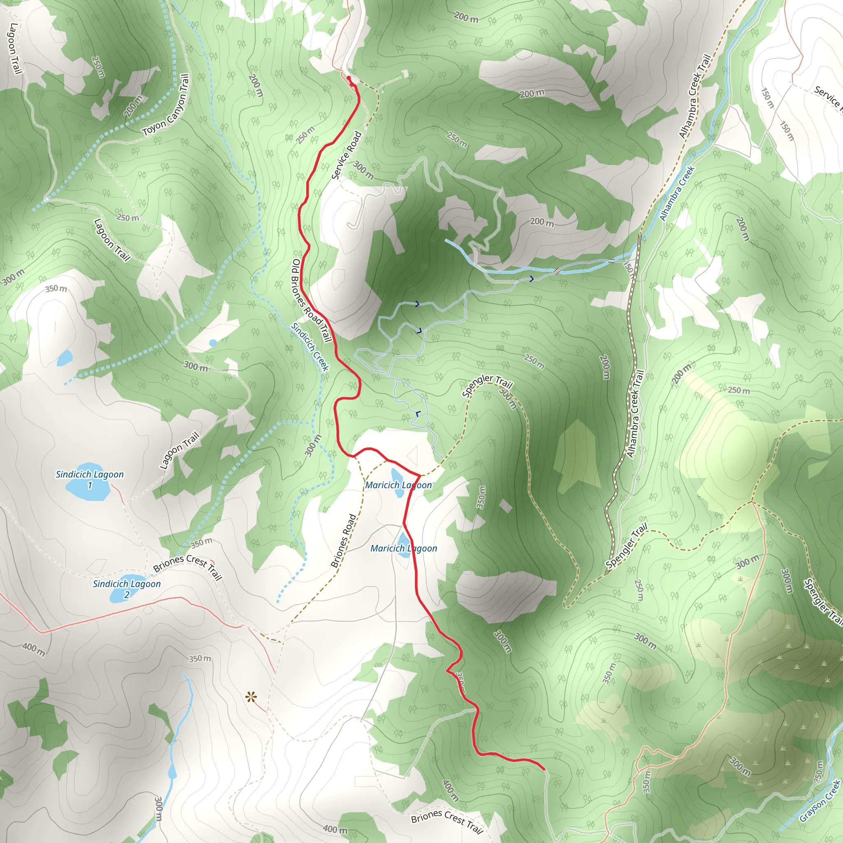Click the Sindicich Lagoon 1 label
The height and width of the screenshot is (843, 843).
click(89, 479)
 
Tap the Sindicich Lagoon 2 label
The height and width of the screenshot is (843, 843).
click(126, 589)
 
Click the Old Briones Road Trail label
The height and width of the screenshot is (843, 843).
click(312, 300)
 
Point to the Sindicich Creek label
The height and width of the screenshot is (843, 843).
click(310, 347)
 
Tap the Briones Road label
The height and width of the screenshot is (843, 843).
click(343, 540)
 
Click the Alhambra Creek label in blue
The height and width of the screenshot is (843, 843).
click(677, 192)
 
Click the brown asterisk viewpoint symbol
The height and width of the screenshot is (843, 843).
click(250, 697)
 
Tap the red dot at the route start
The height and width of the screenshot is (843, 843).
click(349, 78)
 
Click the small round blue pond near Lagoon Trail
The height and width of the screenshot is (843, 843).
click(212, 343)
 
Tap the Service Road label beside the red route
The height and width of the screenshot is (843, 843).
click(347, 155)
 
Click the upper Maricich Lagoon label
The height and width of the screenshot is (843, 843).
click(398, 485)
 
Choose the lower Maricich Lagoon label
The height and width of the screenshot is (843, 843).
click(404, 548)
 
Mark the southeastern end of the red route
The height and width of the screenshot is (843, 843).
click(544, 768)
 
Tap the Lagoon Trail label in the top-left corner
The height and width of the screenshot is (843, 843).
click(14, 48)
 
